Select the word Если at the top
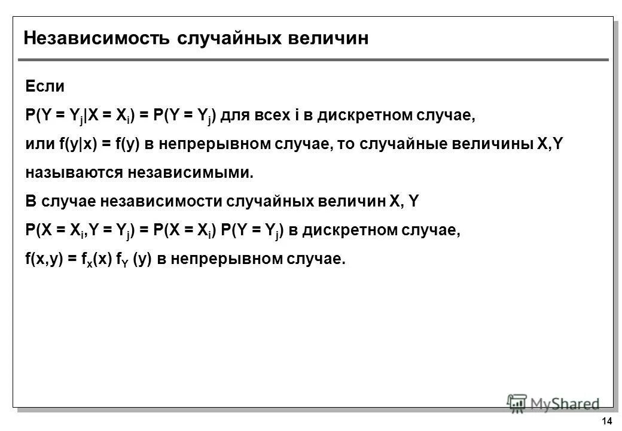click(x=44, y=86)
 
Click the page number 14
click(x=607, y=420)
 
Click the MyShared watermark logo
click(x=553, y=403)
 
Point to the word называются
click(x=74, y=173)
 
